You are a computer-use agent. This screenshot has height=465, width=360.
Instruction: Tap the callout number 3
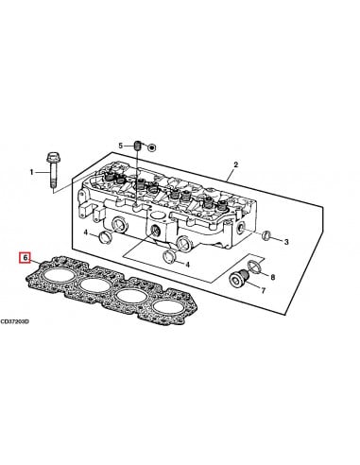click(x=286, y=242)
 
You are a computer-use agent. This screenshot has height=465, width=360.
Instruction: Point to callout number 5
click(x=120, y=146)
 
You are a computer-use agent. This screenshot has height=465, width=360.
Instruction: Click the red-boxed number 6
click(x=26, y=256)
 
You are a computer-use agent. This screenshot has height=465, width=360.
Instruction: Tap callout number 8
click(x=274, y=277)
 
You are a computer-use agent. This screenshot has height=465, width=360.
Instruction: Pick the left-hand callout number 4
click(x=84, y=232)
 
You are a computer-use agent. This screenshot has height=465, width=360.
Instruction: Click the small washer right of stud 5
click(x=152, y=147)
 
